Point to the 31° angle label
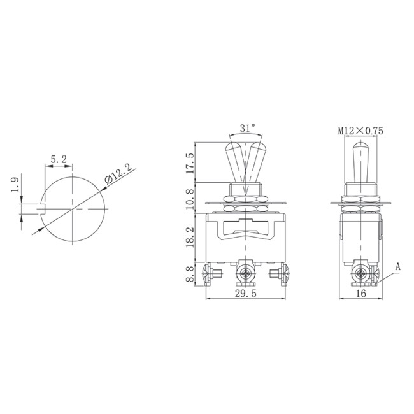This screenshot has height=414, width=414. tap(247, 129)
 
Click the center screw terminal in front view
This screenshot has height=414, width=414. tap(245, 276)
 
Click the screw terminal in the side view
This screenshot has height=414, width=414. tap(360, 276)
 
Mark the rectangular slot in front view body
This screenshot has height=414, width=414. tap(246, 225)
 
